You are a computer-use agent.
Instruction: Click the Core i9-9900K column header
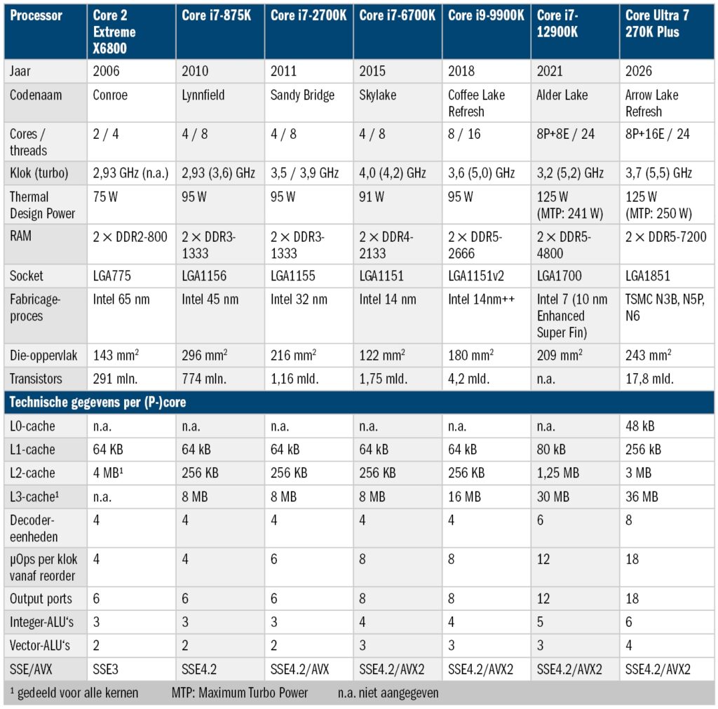(x=486, y=15)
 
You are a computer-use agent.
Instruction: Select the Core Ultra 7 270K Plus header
(x=657, y=24)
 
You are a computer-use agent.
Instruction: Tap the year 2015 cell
(x=372, y=71)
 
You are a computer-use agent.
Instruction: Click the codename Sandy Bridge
(x=302, y=95)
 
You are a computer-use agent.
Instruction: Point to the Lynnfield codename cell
(x=203, y=95)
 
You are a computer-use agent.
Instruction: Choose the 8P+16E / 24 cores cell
(x=657, y=134)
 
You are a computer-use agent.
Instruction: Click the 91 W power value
(x=372, y=197)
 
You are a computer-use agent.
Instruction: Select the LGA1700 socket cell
(x=559, y=276)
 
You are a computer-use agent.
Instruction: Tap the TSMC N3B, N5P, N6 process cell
(x=665, y=307)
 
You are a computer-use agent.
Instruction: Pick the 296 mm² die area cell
(x=204, y=355)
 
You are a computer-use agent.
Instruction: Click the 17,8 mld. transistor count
(x=649, y=379)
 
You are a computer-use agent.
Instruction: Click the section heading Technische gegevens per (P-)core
(x=97, y=402)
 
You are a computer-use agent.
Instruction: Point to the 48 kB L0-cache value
(x=639, y=426)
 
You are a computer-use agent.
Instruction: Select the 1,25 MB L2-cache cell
(x=557, y=473)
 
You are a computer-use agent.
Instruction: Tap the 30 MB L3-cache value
(x=553, y=497)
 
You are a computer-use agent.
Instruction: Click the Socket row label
(x=27, y=276)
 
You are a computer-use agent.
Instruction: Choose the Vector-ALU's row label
(x=40, y=645)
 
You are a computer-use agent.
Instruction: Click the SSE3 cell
(x=105, y=669)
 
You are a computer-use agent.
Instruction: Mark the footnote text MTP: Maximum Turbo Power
(x=240, y=693)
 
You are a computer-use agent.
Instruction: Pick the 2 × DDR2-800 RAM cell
(x=130, y=237)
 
